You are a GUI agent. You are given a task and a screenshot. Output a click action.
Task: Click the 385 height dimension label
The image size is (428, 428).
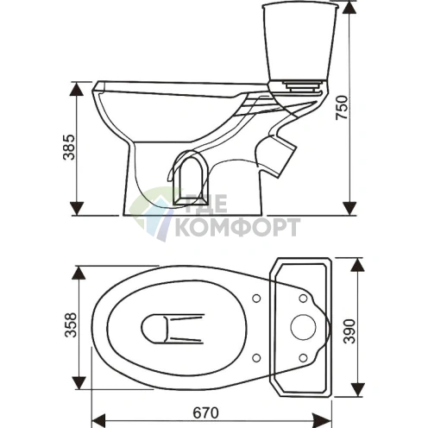[69, 147]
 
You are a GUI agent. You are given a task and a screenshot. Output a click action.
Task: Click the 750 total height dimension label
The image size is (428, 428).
[342, 108]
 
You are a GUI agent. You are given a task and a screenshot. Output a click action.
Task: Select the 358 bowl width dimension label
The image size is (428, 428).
[71, 324]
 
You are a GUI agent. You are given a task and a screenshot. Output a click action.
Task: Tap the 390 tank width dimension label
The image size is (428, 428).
[349, 331]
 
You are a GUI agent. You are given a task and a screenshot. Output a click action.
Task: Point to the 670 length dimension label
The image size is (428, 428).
[205, 413]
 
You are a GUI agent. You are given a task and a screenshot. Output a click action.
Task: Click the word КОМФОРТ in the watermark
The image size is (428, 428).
[237, 227]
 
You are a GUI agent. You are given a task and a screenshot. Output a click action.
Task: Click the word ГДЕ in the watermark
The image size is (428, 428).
[206, 204]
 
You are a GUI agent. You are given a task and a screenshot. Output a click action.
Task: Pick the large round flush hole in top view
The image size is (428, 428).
[303, 327]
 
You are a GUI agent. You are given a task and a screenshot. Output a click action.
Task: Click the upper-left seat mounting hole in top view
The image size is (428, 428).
[256, 299]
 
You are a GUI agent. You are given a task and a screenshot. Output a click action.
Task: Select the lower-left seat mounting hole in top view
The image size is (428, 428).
[256, 358]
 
